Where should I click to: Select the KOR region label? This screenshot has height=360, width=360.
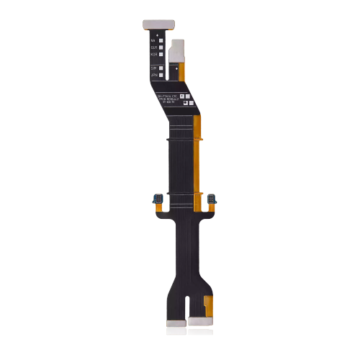[x=153, y=54]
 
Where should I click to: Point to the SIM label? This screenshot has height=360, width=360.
[x=153, y=67]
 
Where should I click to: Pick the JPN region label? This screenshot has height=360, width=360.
[x=153, y=74]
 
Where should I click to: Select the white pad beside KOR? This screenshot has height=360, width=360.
[x=161, y=54]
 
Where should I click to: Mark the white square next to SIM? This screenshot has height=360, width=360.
[x=161, y=67]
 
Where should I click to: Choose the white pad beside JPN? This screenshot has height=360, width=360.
[x=161, y=74]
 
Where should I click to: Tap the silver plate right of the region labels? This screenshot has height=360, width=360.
[x=180, y=50]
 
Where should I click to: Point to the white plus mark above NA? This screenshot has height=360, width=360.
[x=152, y=32]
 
